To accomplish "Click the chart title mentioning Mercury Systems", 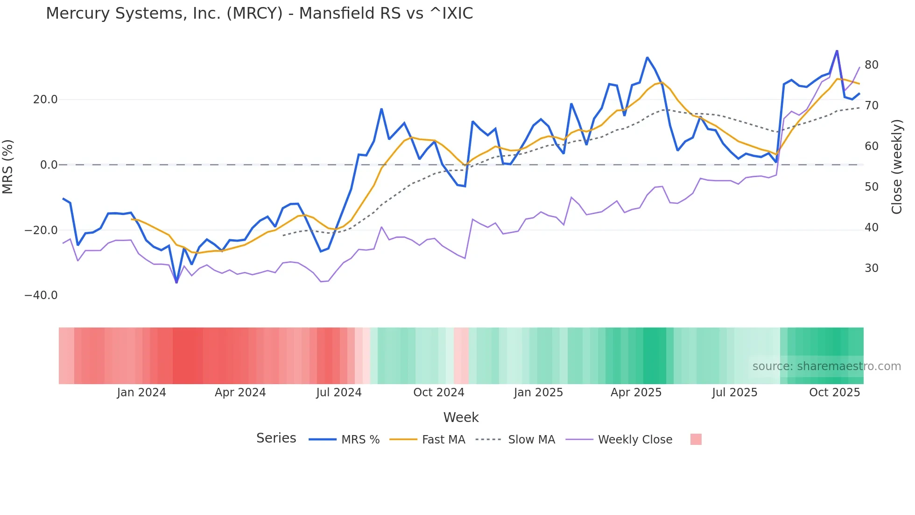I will (259, 14).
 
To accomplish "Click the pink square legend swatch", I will (696, 439).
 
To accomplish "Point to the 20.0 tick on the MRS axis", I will (45, 100).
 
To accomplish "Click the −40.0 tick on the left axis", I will (41, 295).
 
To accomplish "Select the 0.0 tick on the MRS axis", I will (49, 165).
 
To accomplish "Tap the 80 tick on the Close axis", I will (872, 65).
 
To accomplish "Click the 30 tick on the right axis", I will (872, 268).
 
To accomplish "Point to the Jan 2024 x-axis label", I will (141, 393).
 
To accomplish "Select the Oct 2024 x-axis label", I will (439, 393).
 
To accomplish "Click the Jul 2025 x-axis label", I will (734, 393).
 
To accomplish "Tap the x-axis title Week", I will (461, 417).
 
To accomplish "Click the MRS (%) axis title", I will (8, 166).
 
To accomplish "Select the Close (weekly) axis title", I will (897, 166).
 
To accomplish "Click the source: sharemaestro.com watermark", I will (826, 366).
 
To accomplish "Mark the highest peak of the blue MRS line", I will (837, 50).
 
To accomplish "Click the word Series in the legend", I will (276, 438).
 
